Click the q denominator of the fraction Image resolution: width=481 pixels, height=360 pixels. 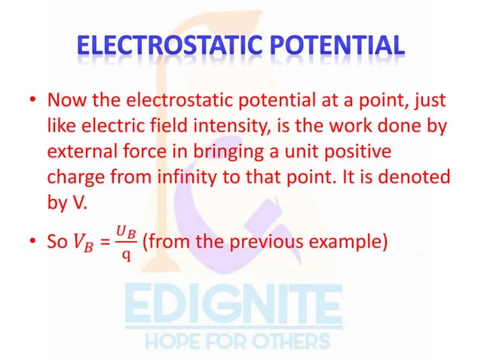tap(126, 254)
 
